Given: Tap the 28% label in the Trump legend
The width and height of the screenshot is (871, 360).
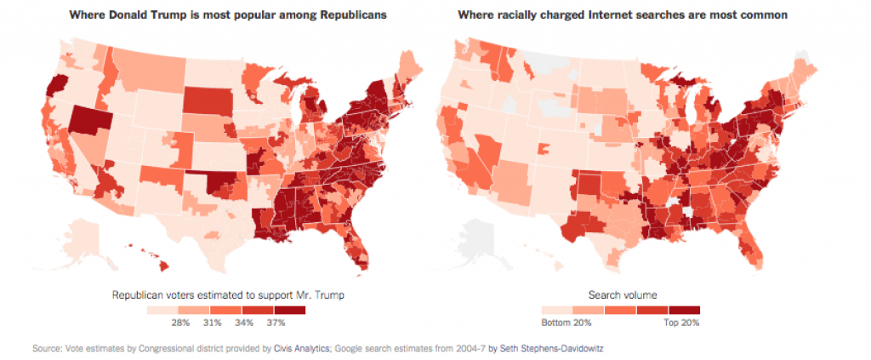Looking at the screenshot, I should (179, 322).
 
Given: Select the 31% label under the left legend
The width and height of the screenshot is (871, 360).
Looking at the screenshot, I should (211, 322).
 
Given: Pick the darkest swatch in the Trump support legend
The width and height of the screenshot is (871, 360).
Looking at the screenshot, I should (289, 310).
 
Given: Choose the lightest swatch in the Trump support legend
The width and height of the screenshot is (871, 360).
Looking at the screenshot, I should (162, 310).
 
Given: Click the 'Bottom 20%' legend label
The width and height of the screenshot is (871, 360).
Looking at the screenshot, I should (566, 322).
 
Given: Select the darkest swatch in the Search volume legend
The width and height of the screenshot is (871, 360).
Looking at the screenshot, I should (684, 310).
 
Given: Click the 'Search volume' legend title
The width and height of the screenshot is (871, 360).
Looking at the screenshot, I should (621, 295).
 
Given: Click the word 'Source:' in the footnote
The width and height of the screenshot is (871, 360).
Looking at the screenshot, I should (43, 349).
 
